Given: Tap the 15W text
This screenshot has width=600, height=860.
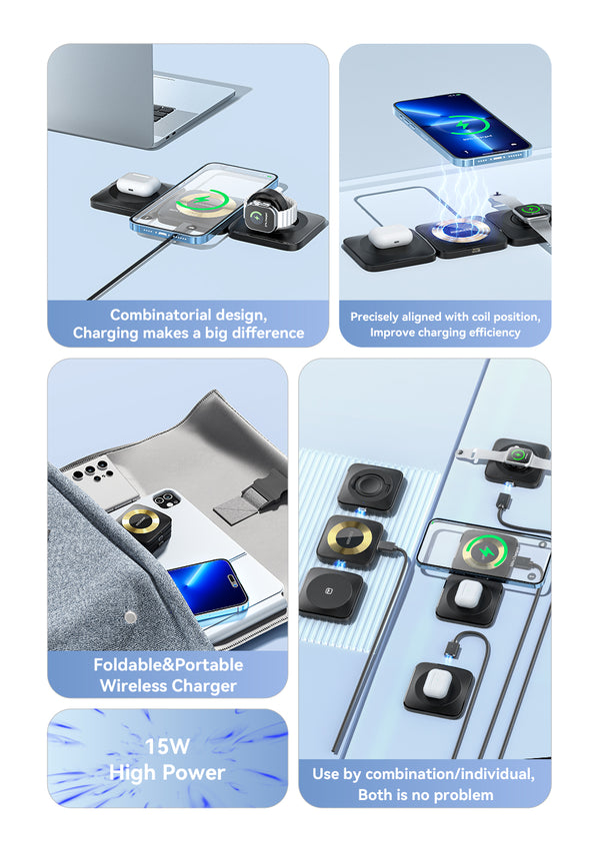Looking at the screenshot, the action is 167,746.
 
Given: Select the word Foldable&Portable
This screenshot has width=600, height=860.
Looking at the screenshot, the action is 168,665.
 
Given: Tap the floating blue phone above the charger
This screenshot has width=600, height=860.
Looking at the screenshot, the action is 462,129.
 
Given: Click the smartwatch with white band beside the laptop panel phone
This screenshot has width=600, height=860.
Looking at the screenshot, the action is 270,211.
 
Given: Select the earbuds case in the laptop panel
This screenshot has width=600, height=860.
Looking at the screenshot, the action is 138,184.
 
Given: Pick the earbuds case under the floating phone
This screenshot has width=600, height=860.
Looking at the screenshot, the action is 390,237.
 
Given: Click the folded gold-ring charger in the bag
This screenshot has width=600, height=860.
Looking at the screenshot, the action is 144,528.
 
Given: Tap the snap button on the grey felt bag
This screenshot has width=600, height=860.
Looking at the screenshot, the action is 130,617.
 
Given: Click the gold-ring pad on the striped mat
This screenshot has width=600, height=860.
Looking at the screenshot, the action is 351,540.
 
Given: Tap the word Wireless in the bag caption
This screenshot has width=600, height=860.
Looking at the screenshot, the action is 133,685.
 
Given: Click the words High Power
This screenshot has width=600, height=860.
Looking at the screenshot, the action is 167,773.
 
